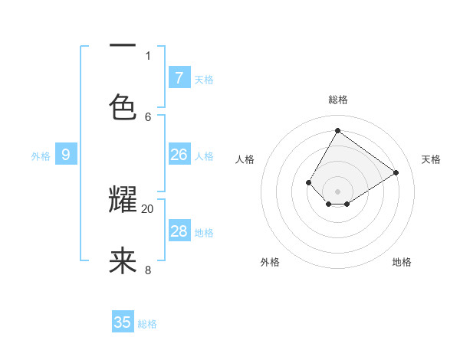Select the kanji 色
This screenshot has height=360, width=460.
(123, 108)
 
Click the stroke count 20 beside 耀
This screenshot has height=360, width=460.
(148, 208)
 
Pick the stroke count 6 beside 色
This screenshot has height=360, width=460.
(148, 116)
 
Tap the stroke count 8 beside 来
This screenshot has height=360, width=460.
(148, 270)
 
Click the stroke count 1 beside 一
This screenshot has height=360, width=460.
(148, 55)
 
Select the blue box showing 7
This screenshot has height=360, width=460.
(179, 77)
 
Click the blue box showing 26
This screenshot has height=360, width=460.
(179, 155)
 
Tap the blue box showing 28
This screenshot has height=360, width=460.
(179, 231)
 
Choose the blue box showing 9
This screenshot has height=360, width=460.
(66, 155)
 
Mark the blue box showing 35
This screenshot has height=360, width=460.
(123, 322)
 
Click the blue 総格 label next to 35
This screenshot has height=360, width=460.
(147, 324)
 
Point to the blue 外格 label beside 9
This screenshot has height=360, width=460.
(41, 156)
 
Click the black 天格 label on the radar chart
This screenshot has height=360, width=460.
(431, 159)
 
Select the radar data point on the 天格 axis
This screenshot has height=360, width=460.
(396, 172)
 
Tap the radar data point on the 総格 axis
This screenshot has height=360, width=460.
(337, 130)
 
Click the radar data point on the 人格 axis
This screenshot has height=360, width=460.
(309, 182)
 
